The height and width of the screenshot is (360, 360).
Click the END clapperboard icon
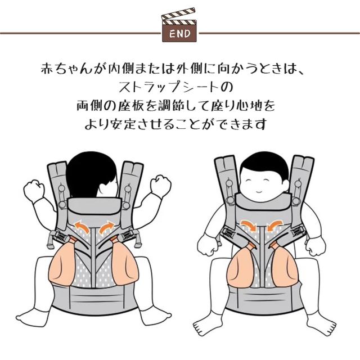179,25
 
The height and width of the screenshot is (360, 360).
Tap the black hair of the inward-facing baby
92,175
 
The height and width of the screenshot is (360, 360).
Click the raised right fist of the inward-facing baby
160,186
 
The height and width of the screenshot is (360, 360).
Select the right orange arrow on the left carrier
107,226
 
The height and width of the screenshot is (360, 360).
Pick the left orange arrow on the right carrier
249,225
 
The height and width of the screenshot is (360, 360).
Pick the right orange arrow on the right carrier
275,225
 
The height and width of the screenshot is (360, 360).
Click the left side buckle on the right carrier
228,234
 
